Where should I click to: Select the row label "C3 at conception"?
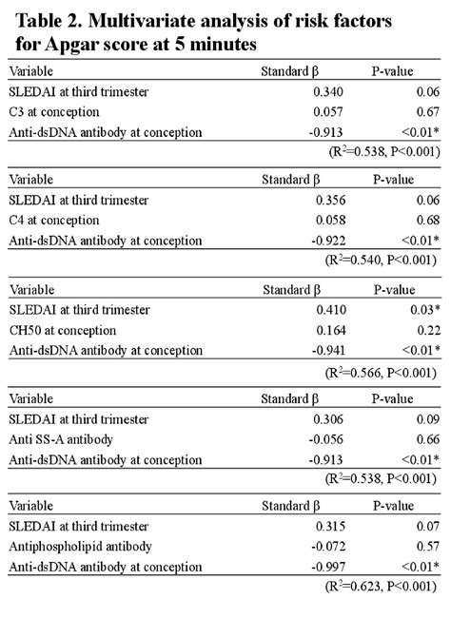click(x=54, y=112)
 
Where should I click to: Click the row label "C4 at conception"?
click(x=54, y=221)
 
